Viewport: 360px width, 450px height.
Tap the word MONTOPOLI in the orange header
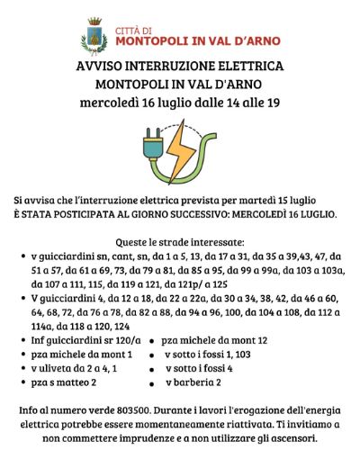[x=152, y=40]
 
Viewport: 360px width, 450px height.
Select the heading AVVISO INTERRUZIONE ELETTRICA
[x=180, y=67]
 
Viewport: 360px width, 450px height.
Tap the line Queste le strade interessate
[x=180, y=242]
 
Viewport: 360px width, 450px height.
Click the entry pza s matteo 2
[x=64, y=382]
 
